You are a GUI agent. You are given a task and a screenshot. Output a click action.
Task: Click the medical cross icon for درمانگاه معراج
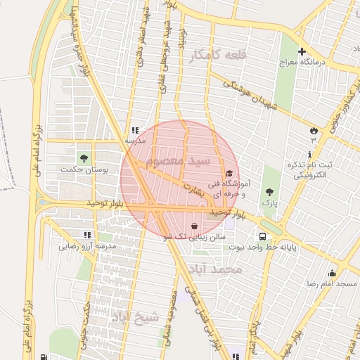pos(302,51)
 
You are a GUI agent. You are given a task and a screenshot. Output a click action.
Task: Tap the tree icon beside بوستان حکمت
pos(84,156)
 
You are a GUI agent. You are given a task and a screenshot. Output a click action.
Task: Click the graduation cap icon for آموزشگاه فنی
pos(229,174)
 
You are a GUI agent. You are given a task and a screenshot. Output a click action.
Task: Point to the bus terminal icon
pos(262,236)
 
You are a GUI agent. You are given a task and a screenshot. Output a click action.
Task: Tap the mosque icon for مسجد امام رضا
pos(332,273)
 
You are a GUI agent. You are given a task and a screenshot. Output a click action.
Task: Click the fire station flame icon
pos(313,130)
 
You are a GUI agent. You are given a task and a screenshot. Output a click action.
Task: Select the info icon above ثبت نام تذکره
pos(309,153)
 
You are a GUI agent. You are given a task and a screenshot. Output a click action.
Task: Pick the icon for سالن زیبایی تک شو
pos(193,226)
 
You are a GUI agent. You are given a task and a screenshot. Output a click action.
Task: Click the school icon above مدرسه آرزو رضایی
pos(87,236)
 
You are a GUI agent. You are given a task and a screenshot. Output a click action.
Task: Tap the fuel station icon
pos(45,356)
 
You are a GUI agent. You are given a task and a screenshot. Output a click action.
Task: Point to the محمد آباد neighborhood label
pos(219,269)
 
